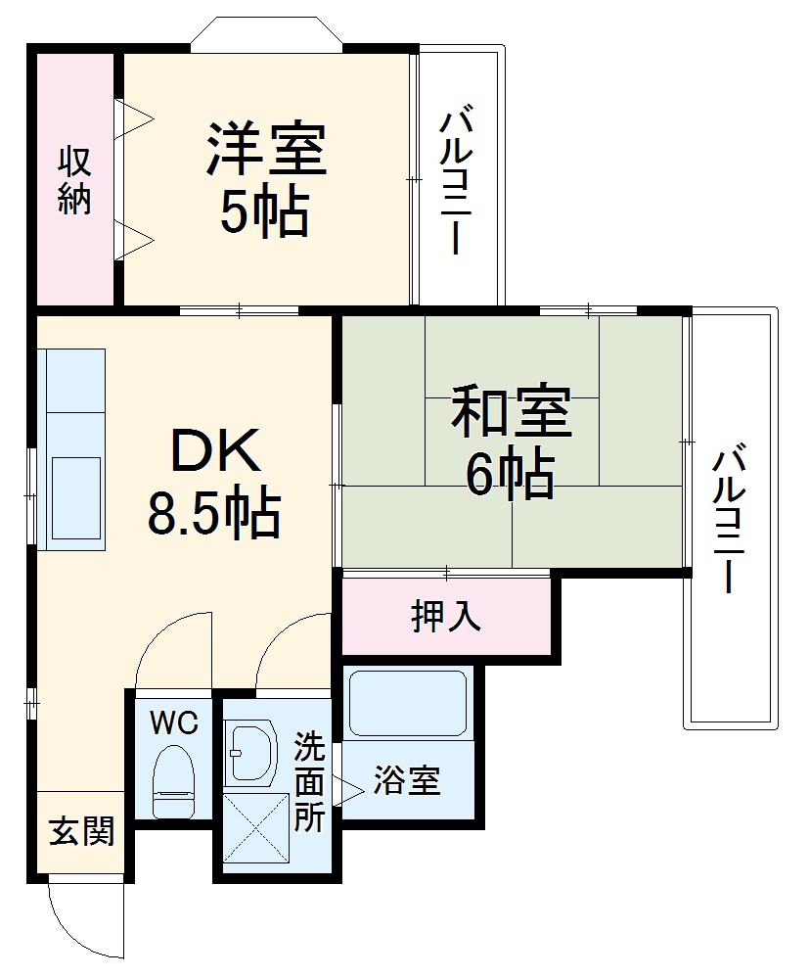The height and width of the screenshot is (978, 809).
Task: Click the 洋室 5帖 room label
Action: (264, 179)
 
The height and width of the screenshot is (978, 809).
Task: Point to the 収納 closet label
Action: (74, 179)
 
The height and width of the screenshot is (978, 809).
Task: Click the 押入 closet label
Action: (446, 616)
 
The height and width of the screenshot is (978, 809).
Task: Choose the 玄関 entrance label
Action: (81, 831)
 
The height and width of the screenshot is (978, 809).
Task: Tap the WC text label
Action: (174, 723)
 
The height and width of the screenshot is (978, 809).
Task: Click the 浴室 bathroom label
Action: (406, 780)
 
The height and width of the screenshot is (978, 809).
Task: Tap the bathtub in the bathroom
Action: (407, 702)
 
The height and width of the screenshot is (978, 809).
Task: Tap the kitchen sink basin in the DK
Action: (75, 498)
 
